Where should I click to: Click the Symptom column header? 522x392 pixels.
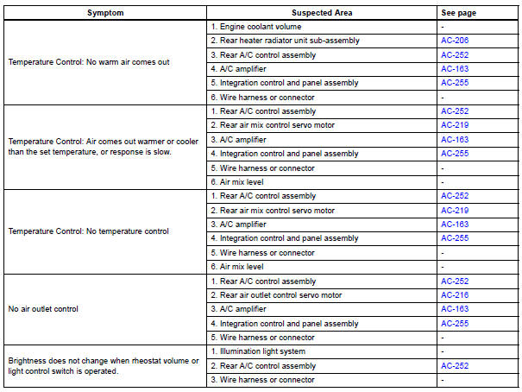(x=105, y=13)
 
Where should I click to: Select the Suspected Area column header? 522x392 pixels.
(x=322, y=13)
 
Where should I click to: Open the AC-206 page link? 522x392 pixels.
(x=455, y=41)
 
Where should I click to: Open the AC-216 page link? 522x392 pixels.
(x=455, y=295)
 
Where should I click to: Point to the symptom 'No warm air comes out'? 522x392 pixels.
(x=83, y=62)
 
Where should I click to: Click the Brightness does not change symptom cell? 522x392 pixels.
(x=104, y=366)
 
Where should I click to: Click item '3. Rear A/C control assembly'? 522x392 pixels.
(x=264, y=54)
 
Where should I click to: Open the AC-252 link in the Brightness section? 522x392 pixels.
(x=455, y=366)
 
